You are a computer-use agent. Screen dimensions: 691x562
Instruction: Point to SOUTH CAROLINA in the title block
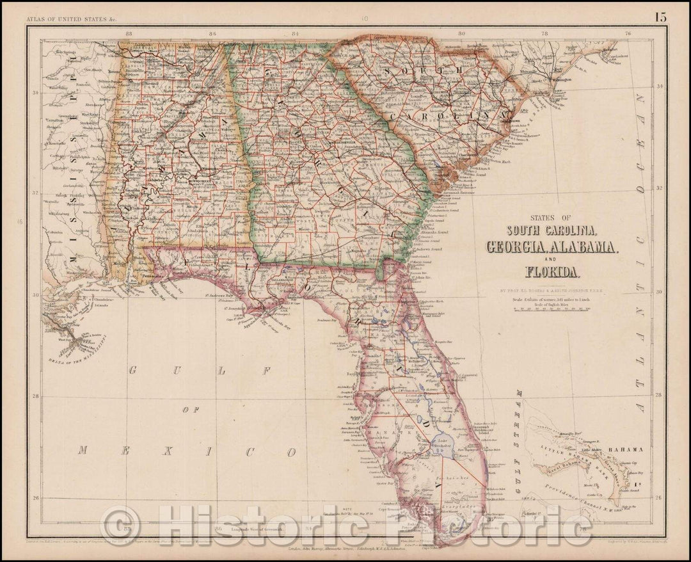coord(552,229)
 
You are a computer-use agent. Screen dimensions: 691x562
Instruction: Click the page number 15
coord(660,17)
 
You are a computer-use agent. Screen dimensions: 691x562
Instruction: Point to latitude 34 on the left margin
coord(36,93)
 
